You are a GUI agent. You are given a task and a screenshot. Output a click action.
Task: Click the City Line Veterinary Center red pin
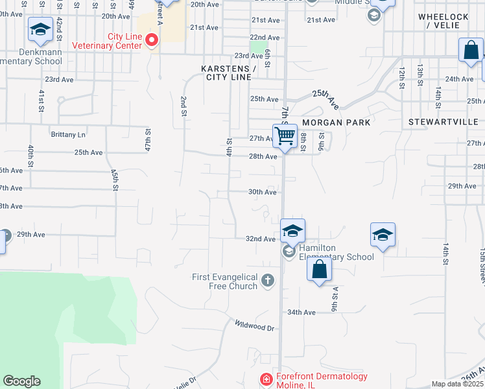click(x=152, y=41)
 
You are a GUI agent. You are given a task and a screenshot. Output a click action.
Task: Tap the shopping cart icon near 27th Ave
click(x=285, y=136)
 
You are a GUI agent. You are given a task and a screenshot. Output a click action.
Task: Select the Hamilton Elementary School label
click(x=337, y=252)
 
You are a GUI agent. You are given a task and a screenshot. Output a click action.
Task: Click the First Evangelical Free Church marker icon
click(x=268, y=281)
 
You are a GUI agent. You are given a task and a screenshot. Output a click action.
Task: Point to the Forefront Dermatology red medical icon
click(x=265, y=379)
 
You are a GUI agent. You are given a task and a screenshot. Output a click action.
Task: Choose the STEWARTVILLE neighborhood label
click(x=444, y=122)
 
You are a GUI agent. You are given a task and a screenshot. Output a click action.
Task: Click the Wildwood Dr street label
click(x=255, y=325)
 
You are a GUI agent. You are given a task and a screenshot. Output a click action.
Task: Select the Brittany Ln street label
click(x=68, y=135)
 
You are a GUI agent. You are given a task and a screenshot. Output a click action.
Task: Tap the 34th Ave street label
click(x=302, y=312)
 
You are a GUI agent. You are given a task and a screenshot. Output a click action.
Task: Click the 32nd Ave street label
click(x=261, y=239)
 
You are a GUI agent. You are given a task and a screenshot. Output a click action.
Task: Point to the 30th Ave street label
click(x=263, y=192)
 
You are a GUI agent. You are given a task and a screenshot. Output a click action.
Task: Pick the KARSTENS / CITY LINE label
click(x=226, y=72)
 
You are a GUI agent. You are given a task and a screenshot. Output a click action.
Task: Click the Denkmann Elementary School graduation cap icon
click(x=40, y=30)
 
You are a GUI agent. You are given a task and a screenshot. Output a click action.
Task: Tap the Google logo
click(x=21, y=381)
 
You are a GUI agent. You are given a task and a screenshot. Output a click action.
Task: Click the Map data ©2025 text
click(x=457, y=384)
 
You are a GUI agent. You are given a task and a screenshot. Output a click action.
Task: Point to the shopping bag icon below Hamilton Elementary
click(x=319, y=270)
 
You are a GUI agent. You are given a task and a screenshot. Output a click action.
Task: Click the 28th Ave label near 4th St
click(x=263, y=156)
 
